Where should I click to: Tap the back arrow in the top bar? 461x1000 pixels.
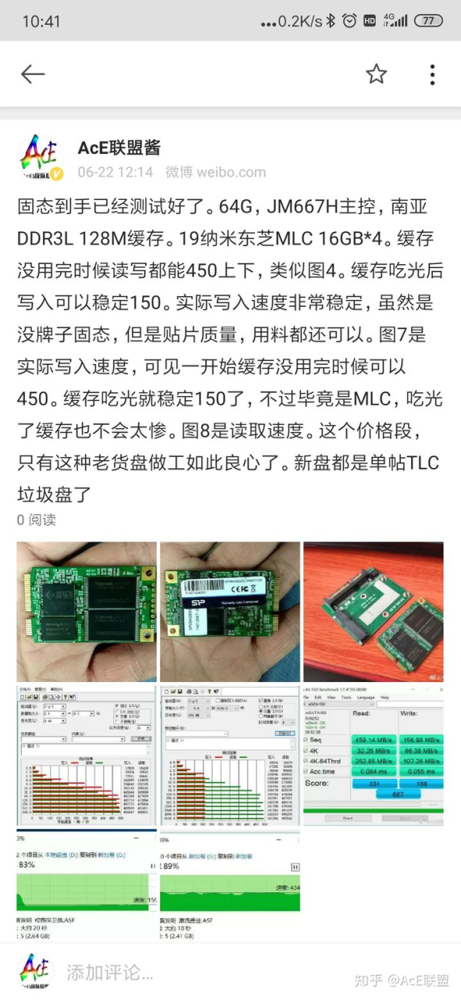[33, 74]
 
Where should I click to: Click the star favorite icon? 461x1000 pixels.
[377, 74]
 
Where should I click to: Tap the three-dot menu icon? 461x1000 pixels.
[432, 74]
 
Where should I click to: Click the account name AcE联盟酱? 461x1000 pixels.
[120, 147]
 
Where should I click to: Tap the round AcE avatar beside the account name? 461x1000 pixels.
[41, 159]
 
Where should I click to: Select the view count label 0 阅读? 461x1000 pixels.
[37, 520]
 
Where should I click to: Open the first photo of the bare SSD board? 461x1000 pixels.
[86, 611]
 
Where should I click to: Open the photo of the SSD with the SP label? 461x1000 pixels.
[230, 611]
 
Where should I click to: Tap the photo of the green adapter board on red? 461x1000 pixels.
[373, 611]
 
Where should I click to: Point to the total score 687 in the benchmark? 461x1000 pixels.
[398, 794]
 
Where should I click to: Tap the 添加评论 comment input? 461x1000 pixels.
[109, 973]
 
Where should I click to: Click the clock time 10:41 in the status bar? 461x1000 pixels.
[41, 21]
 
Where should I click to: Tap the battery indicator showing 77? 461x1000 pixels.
[428, 21]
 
